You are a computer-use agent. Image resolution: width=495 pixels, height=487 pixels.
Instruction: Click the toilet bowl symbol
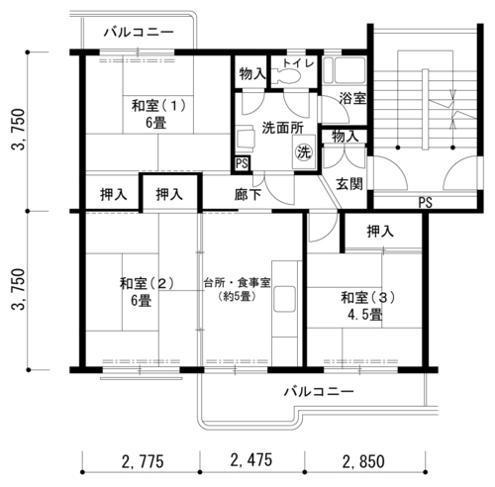(x=288, y=77)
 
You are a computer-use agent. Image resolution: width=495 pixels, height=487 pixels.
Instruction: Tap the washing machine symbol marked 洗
(x=304, y=152)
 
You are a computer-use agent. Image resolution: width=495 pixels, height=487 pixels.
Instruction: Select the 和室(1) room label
(x=158, y=106)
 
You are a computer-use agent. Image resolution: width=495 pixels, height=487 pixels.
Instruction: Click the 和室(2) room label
(x=147, y=283)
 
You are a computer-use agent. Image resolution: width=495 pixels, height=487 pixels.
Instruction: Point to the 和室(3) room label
(x=367, y=297)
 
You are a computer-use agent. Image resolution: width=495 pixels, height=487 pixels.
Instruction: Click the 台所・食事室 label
(x=237, y=283)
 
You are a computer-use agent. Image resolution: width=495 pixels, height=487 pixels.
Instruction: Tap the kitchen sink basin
(x=284, y=299)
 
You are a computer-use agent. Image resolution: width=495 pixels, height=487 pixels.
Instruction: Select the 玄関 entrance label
(x=349, y=184)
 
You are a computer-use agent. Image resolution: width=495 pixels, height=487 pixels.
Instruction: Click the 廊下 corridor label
(x=247, y=195)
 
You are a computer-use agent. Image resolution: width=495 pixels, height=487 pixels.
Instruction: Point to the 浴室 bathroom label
(x=352, y=98)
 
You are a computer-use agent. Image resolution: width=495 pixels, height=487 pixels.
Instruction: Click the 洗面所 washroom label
(x=283, y=128)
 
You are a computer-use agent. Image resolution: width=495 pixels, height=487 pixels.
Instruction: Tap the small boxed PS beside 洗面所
(x=242, y=163)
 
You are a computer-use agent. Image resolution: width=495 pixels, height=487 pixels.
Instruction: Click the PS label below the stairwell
(x=426, y=202)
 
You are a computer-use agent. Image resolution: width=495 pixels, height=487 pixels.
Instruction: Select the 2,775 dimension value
(x=143, y=461)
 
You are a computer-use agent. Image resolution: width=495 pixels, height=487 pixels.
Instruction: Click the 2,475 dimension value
(x=251, y=460)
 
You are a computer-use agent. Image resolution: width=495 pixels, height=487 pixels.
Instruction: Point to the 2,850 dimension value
(x=363, y=461)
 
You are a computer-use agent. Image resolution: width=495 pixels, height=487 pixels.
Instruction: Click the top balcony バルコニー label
(x=139, y=33)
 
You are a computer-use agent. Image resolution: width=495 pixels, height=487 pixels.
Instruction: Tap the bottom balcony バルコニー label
(x=319, y=392)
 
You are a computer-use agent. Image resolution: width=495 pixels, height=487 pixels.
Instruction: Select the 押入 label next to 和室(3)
(x=380, y=232)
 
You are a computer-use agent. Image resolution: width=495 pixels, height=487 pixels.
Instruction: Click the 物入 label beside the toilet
(x=252, y=74)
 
